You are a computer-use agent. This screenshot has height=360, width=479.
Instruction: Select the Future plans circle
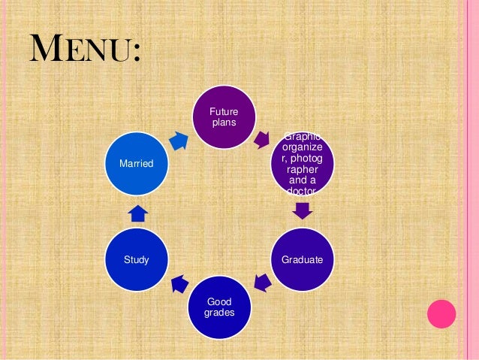coord(223,117)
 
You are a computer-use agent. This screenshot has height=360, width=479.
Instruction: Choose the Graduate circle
coord(302,260)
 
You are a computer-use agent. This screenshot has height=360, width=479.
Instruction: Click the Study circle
coord(136,260)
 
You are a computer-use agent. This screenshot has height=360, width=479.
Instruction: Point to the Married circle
coord(136,163)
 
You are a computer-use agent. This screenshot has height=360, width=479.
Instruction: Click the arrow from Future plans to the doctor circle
coord(262,138)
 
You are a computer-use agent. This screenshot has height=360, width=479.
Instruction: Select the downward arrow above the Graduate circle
coord(302,210)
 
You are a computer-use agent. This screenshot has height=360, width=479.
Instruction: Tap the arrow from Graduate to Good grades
coord(262,283)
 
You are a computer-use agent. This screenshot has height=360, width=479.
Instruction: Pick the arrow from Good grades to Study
coord(179,283)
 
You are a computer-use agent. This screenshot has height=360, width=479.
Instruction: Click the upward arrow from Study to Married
coord(137,213)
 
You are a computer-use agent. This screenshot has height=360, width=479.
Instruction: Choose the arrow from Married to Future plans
coord(179,139)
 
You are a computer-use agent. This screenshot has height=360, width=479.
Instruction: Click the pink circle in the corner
coord(441,313)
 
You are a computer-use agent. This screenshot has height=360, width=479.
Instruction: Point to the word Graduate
coord(302,260)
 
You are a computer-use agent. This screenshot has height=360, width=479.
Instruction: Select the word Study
coord(136,260)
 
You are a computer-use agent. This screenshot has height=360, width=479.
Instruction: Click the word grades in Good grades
coord(223,312)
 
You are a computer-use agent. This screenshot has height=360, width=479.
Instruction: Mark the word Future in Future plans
coord(223,112)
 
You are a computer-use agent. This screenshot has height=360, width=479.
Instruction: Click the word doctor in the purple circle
coord(302,192)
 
